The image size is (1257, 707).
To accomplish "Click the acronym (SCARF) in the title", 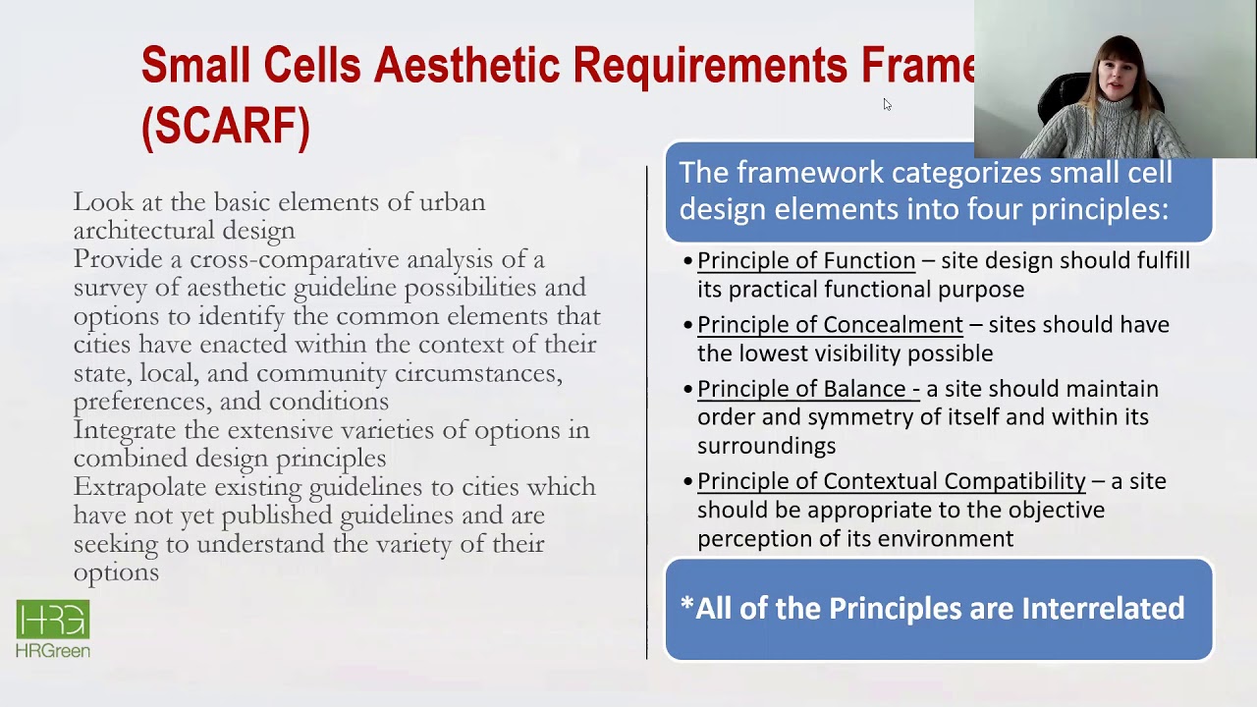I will click(226, 126).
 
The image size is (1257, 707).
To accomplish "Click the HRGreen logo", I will click(53, 628).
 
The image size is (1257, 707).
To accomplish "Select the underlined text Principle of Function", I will click(805, 261).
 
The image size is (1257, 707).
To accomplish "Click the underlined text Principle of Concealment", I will click(830, 325).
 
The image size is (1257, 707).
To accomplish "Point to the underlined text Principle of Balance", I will click(807, 389).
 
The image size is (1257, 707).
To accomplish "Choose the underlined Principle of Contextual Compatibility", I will click(891, 481).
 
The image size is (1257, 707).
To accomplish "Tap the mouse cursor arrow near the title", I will click(887, 104).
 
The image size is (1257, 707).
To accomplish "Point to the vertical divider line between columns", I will click(646, 412).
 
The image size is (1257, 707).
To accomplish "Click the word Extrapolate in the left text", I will click(138, 487).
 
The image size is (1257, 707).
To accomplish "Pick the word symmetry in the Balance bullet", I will click(852, 417).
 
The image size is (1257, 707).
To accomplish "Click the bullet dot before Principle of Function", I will click(687, 262).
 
